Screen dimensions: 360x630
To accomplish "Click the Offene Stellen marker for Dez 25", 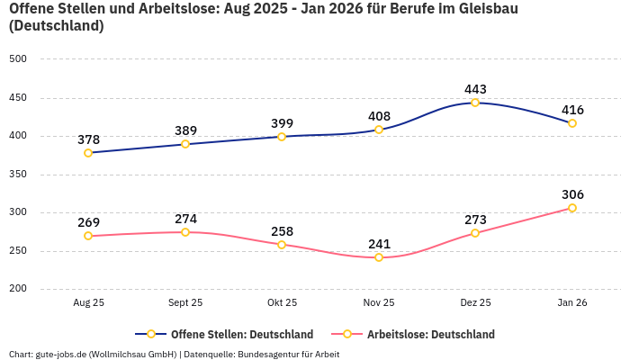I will pyautogui.click(x=475, y=103).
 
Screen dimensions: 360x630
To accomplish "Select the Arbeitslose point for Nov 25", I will pyautogui.click(x=379, y=257).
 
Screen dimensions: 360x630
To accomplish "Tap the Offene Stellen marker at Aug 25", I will pyautogui.click(x=88, y=153).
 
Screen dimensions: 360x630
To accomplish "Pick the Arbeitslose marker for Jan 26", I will pyautogui.click(x=572, y=208).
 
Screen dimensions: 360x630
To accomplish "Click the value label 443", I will pyautogui.click(x=475, y=89).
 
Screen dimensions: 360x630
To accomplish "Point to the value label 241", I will pyautogui.click(x=379, y=243).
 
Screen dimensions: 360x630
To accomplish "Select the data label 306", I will pyautogui.click(x=572, y=194).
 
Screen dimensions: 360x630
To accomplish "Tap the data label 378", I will pyautogui.click(x=88, y=139).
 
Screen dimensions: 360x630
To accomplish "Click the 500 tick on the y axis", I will pyautogui.click(x=18, y=59).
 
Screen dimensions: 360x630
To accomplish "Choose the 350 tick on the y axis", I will pyautogui.click(x=18, y=175).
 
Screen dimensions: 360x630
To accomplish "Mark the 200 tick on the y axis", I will pyautogui.click(x=18, y=289).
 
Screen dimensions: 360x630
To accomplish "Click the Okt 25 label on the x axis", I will pyautogui.click(x=282, y=303).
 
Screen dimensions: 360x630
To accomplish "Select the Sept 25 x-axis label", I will pyautogui.click(x=185, y=303).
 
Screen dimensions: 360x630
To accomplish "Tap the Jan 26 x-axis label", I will pyautogui.click(x=572, y=303).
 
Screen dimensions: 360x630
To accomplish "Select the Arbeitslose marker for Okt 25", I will pyautogui.click(x=282, y=245).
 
